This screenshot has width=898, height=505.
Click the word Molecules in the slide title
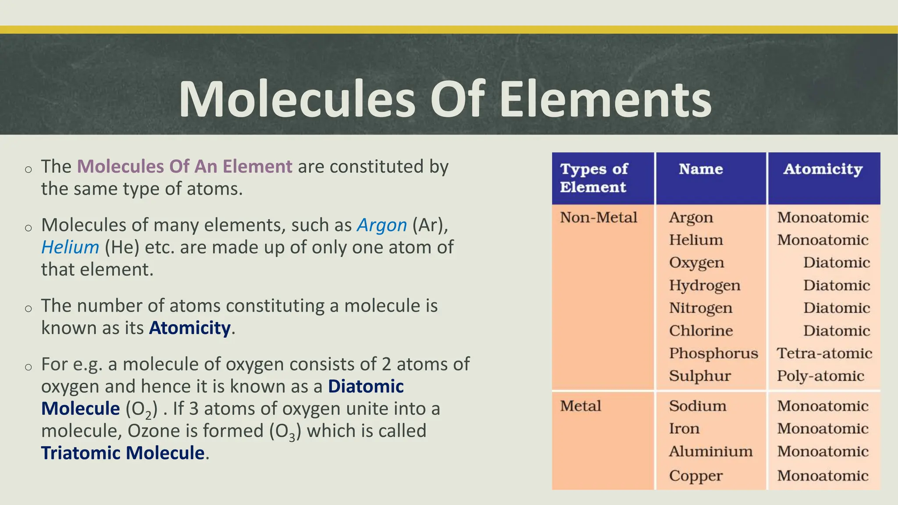296,100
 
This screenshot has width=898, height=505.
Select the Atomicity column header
823,169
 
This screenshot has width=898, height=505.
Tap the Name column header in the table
701,169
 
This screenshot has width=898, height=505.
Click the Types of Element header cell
594,178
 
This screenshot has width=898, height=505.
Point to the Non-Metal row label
598,217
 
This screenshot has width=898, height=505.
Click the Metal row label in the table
580,406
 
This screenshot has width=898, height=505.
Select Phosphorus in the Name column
713,353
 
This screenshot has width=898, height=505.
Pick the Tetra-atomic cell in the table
824,353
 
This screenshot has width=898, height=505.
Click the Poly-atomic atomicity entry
820,376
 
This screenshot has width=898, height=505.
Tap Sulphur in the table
699,376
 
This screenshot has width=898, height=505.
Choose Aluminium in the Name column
710,452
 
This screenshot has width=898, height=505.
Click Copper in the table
695,476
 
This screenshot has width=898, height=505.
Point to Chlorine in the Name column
701,331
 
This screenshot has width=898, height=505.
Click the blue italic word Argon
382,225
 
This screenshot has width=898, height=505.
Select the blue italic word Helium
70,248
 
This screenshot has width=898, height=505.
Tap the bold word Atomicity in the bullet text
189,328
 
